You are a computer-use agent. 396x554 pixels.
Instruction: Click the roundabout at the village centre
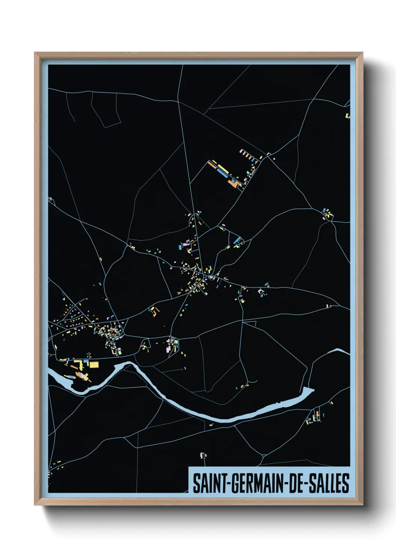(205, 277)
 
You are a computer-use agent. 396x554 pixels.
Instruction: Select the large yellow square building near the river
(94, 364)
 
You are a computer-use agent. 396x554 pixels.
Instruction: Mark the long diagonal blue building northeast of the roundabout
(237, 240)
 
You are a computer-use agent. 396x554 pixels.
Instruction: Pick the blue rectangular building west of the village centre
(180, 247)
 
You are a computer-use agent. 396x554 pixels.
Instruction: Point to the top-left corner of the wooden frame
(35, 53)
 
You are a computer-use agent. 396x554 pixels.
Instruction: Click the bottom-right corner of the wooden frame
(362, 505)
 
